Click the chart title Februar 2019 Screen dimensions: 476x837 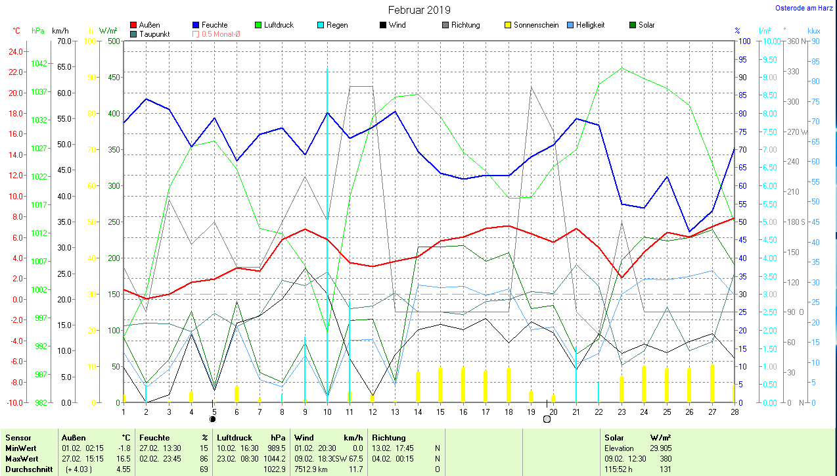click(419, 10)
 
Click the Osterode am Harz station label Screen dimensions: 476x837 click(805, 9)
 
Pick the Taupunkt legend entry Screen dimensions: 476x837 click(154, 34)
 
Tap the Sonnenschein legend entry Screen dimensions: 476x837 click(536, 25)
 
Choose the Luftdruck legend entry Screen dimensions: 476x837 click(279, 25)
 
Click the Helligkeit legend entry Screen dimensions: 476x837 click(590, 25)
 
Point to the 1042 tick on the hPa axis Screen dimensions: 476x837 click(39, 63)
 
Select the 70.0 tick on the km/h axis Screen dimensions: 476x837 click(64, 41)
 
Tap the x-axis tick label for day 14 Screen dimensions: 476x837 click(418, 412)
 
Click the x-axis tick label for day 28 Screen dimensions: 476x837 click(734, 412)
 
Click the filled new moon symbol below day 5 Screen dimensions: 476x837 click(212, 418)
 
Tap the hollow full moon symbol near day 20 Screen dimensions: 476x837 click(547, 418)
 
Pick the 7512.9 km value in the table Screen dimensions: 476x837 click(312, 469)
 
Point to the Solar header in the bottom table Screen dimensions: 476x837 click(614, 437)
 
